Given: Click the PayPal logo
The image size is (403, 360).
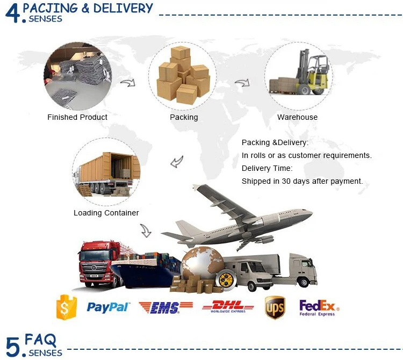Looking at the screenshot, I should point(108,307).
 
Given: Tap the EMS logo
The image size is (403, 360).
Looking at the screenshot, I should point(165,307).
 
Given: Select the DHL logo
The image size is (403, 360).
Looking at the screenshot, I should point(228,307).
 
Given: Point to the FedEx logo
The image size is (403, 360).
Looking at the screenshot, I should point(318,308).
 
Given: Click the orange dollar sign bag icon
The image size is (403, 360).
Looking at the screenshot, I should point(67,307).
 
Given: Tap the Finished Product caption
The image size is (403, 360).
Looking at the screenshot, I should point(77,117).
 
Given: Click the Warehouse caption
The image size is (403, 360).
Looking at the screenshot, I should point(297,117).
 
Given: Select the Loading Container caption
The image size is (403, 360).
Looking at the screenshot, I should point(106,213).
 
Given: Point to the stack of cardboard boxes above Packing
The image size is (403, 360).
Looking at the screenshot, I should point(183,75).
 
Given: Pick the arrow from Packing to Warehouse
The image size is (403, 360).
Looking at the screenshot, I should point(242,83).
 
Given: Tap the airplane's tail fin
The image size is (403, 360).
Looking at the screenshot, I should point(204,193).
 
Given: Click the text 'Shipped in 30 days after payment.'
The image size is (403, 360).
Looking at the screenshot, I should point(302,181).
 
